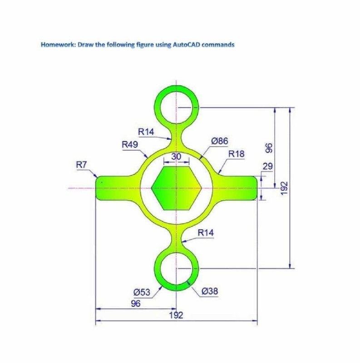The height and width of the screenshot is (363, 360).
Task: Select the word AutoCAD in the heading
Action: point(185,45)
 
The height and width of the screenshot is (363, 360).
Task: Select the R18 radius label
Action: point(236,154)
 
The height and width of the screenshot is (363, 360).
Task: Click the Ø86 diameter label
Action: point(220,141)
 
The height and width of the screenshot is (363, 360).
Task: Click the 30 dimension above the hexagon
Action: point(177,156)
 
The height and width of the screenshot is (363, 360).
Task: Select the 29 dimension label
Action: point(267,167)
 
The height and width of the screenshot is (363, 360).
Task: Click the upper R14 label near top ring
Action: point(146,132)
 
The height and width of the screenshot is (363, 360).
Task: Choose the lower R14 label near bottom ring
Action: point(206,233)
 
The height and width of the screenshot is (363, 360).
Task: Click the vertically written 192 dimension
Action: point(285,188)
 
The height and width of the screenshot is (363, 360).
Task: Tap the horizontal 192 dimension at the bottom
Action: point(176,315)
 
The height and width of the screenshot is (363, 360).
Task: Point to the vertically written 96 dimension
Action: point(268,148)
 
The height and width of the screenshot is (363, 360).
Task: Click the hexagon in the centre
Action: point(176,187)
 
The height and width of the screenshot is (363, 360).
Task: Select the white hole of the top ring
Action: point(176,108)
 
